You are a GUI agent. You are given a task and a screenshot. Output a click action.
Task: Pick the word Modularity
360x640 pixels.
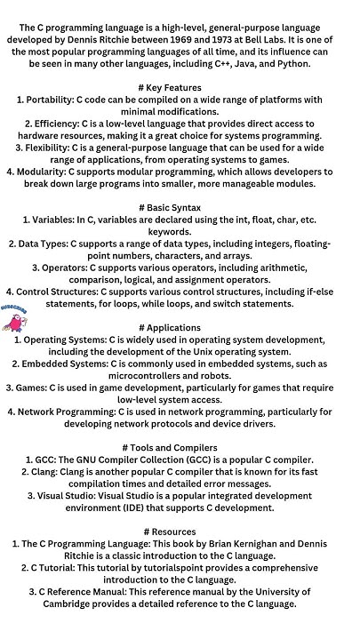click(45, 172)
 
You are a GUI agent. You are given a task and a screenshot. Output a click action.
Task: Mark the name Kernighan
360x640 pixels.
click(254, 543)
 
